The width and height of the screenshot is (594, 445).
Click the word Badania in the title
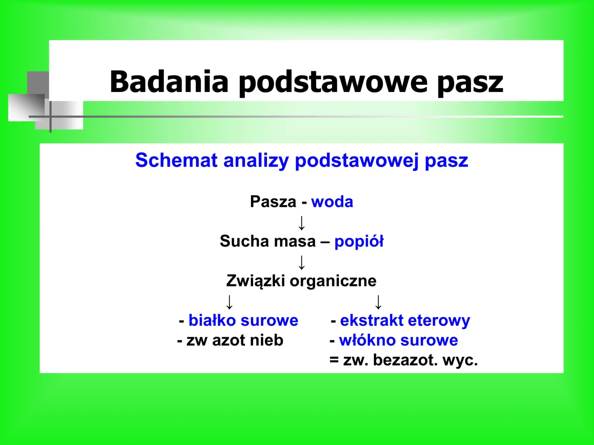point(169,82)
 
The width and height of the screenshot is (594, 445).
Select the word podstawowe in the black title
point(333,82)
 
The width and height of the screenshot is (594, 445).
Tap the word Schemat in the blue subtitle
point(176,160)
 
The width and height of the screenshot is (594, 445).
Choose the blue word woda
point(332,202)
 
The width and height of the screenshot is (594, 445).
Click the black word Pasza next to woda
point(273,202)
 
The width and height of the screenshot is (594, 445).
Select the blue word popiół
point(359,241)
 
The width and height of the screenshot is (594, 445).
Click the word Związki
point(256,281)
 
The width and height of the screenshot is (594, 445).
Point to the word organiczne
point(333,281)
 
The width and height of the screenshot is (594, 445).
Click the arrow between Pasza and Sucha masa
point(302,222)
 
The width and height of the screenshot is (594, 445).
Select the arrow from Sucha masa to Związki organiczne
point(302,262)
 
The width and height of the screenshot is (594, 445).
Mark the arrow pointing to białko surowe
point(229,302)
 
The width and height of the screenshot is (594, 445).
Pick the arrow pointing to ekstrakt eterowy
point(378,302)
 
